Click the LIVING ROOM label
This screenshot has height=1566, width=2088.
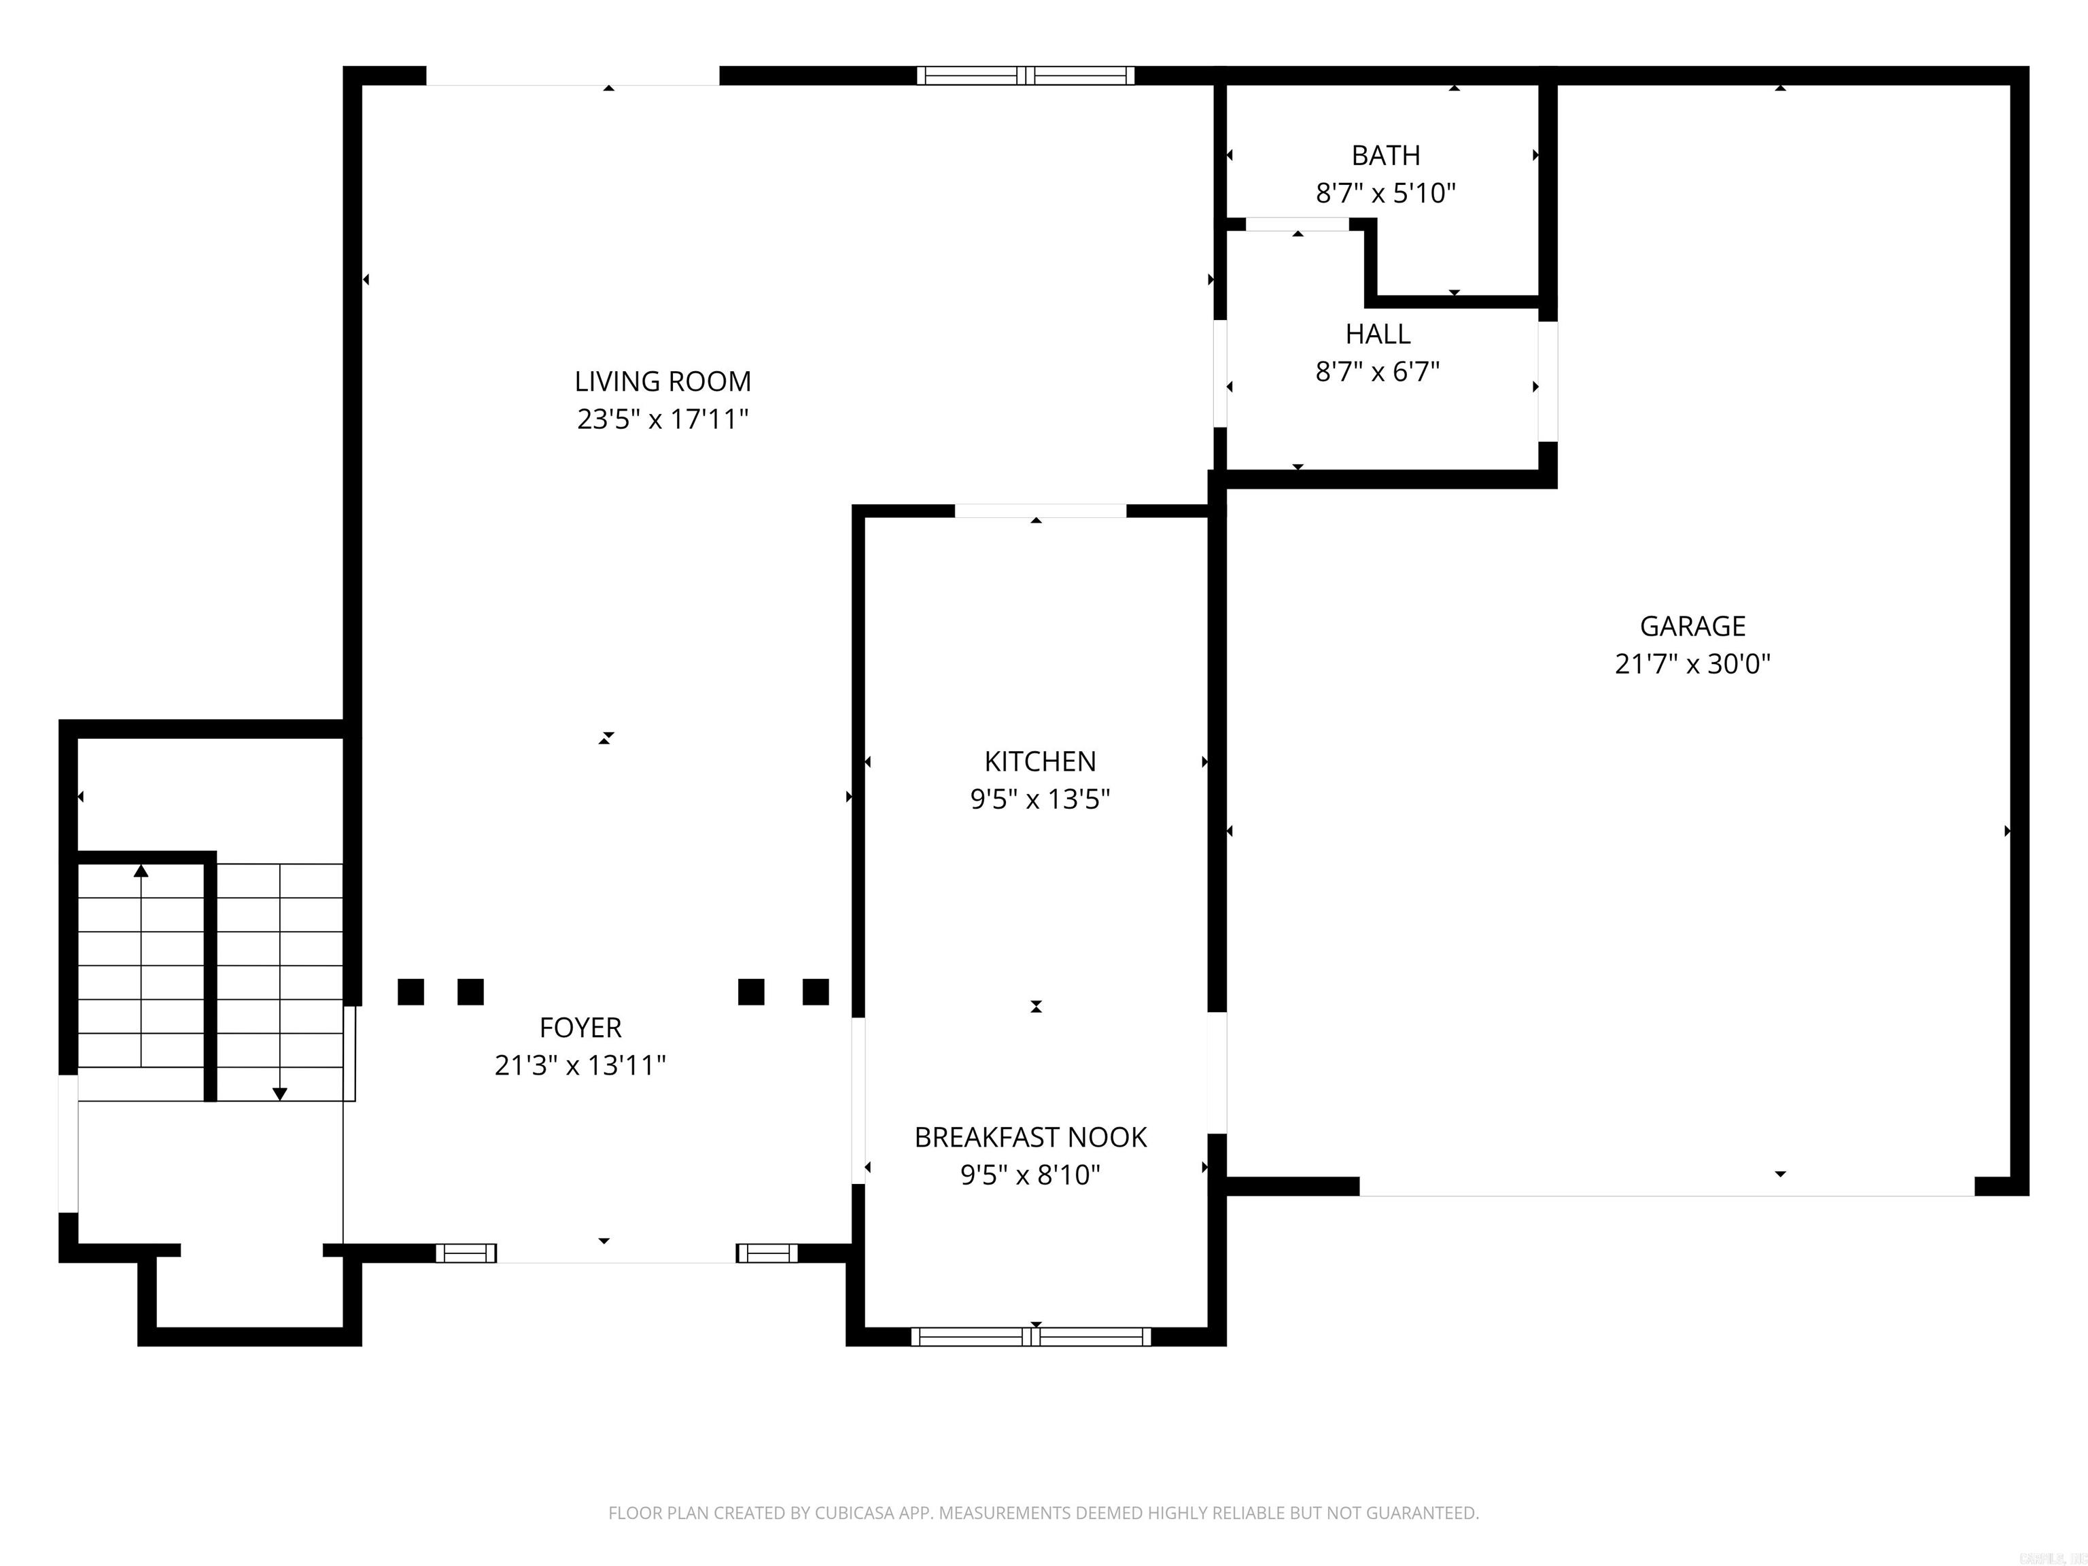pyautogui.click(x=663, y=381)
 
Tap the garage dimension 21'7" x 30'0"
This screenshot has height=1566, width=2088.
pyautogui.click(x=1692, y=663)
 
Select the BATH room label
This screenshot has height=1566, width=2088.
pyautogui.click(x=1385, y=155)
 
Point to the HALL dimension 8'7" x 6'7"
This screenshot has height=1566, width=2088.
pyautogui.click(x=1377, y=372)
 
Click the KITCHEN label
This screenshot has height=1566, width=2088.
pyautogui.click(x=1039, y=761)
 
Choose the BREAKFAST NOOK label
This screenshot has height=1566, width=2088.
pyautogui.click(x=1030, y=1136)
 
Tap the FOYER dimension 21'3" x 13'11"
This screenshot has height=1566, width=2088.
pyautogui.click(x=580, y=1065)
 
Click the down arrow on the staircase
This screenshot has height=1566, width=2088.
pyautogui.click(x=279, y=1093)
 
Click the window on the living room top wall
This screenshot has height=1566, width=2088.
pyautogui.click(x=1025, y=75)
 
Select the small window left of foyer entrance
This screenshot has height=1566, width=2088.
pyautogui.click(x=466, y=1253)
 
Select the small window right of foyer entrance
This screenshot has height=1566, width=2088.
pyautogui.click(x=767, y=1253)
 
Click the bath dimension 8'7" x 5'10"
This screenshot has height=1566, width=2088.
pyautogui.click(x=1385, y=194)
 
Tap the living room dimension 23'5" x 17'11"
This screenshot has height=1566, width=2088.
pyautogui.click(x=663, y=419)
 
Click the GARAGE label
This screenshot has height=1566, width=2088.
pyautogui.click(x=1692, y=626)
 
